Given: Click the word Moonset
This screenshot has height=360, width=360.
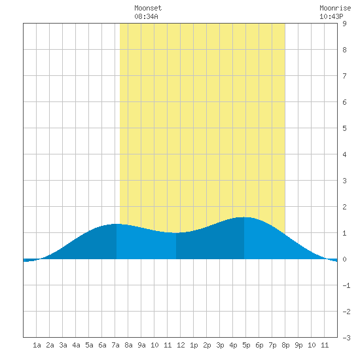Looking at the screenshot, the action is pos(148,8).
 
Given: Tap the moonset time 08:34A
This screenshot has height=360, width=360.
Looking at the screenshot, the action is pos(146,16).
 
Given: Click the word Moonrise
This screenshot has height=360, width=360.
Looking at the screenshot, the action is pos(335,8).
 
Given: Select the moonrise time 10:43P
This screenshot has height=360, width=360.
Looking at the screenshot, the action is pos(331,16).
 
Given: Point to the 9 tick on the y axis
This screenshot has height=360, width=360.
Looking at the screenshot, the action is pos(344,24).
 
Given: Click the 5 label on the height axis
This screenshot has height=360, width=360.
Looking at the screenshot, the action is pos(344,128).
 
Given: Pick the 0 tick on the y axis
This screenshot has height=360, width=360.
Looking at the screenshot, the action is pos(344,259).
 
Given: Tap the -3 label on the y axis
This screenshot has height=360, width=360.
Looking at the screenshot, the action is pos(346,338).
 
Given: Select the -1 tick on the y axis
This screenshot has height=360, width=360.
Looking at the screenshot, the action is pos(346,285).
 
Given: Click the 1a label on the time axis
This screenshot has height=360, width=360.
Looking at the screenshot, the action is pos(37,345).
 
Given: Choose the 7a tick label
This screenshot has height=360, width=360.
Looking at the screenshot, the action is pos(115,345).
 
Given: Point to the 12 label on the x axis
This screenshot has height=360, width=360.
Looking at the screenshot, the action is pos(181,345).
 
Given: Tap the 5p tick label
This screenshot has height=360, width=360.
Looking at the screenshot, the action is pos(246,345).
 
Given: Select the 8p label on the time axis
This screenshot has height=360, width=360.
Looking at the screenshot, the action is pos(285,345).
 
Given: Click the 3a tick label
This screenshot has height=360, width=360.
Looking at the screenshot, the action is pos(63,345).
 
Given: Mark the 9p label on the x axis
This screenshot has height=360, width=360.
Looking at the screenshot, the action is pos(298,345).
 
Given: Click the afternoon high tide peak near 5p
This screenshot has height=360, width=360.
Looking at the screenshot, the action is pos(244,217).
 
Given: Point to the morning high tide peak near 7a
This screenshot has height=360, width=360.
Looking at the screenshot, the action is pos(117,224).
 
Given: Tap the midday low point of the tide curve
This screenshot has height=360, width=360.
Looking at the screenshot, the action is pos(176,233).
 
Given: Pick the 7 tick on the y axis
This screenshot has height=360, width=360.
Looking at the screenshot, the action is pos(344,76).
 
